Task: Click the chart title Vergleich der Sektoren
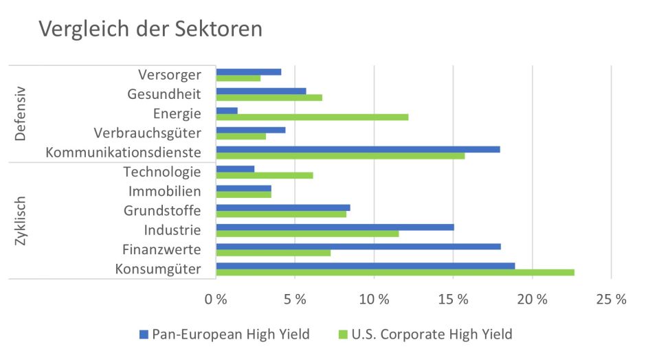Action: coord(151,29)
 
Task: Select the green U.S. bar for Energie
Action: coord(312,117)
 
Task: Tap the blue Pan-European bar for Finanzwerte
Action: coord(358,247)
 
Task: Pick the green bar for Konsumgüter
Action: coord(394,273)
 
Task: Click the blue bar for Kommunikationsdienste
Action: coord(358,149)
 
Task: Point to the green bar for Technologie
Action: coord(265,175)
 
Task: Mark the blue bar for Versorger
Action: coord(249,71)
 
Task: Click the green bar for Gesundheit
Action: coord(269,98)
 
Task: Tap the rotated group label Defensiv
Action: coord(20,113)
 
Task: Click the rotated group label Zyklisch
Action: coord(20,221)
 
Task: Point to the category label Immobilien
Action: coord(164,191)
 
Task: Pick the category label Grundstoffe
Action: coord(162,210)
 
